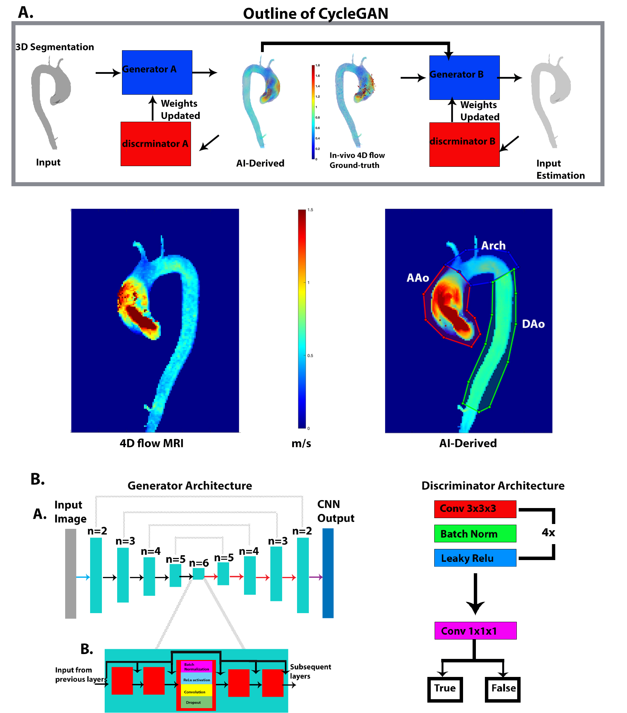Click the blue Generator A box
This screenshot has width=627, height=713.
(x=157, y=72)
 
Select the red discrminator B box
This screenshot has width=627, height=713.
(x=464, y=144)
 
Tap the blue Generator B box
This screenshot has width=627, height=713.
(x=464, y=77)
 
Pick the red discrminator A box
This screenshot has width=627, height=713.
(x=156, y=144)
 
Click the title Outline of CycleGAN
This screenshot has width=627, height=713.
(x=315, y=14)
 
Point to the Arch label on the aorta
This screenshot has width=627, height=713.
(x=493, y=246)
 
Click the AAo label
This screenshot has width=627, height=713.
(x=417, y=278)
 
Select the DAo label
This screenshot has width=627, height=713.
(x=533, y=324)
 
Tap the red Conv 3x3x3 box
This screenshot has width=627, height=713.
(x=475, y=509)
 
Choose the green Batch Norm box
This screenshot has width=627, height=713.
(x=475, y=534)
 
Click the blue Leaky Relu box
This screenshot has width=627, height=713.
(x=475, y=558)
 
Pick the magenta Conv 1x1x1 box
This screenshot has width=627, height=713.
(x=475, y=631)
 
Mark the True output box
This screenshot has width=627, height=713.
(x=445, y=688)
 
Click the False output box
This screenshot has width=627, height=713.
(x=503, y=688)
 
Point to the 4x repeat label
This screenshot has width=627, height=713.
(x=548, y=533)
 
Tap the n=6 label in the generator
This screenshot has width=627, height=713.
(x=199, y=563)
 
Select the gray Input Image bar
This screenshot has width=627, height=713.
(x=70, y=574)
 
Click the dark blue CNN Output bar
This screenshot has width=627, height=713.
(x=328, y=573)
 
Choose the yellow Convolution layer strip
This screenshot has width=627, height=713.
(x=196, y=691)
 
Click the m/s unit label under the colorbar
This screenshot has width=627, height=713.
(x=301, y=443)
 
